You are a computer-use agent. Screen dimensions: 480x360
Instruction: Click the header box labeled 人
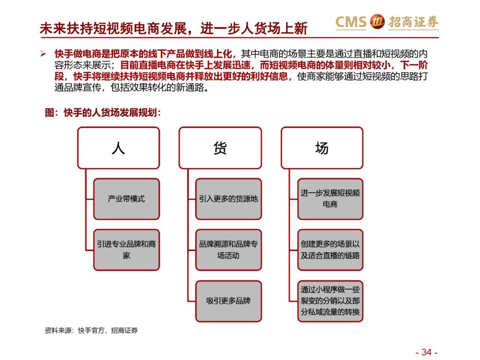pos(119,148)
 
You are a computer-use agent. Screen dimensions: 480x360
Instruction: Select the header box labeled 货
pos(220,148)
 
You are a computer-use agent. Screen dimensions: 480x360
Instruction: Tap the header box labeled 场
pos(322,148)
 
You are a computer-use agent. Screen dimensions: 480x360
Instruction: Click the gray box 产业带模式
pos(127,199)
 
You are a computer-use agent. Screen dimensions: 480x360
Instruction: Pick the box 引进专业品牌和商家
pos(127,250)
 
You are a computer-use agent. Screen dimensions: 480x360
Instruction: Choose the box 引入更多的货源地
pos(228,199)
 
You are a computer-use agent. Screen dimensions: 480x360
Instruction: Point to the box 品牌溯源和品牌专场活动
pos(228,250)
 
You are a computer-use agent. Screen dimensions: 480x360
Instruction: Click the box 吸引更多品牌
pos(228,301)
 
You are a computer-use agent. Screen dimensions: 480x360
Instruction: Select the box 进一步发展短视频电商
pos(330,199)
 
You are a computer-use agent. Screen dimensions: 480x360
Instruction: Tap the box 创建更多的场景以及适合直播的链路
pos(330,250)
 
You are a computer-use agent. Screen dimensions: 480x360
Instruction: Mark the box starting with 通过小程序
pos(330,301)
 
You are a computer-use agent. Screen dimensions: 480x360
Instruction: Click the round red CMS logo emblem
pos(377,22)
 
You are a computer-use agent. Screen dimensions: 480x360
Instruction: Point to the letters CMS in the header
pos(351,22)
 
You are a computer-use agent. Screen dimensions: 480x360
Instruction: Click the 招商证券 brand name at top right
pos(413,22)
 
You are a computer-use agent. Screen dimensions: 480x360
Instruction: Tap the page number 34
pos(427,352)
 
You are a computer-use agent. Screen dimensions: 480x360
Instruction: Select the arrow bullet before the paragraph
pos(43,54)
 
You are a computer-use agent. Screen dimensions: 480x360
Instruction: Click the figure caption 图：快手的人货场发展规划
pos(103,112)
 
